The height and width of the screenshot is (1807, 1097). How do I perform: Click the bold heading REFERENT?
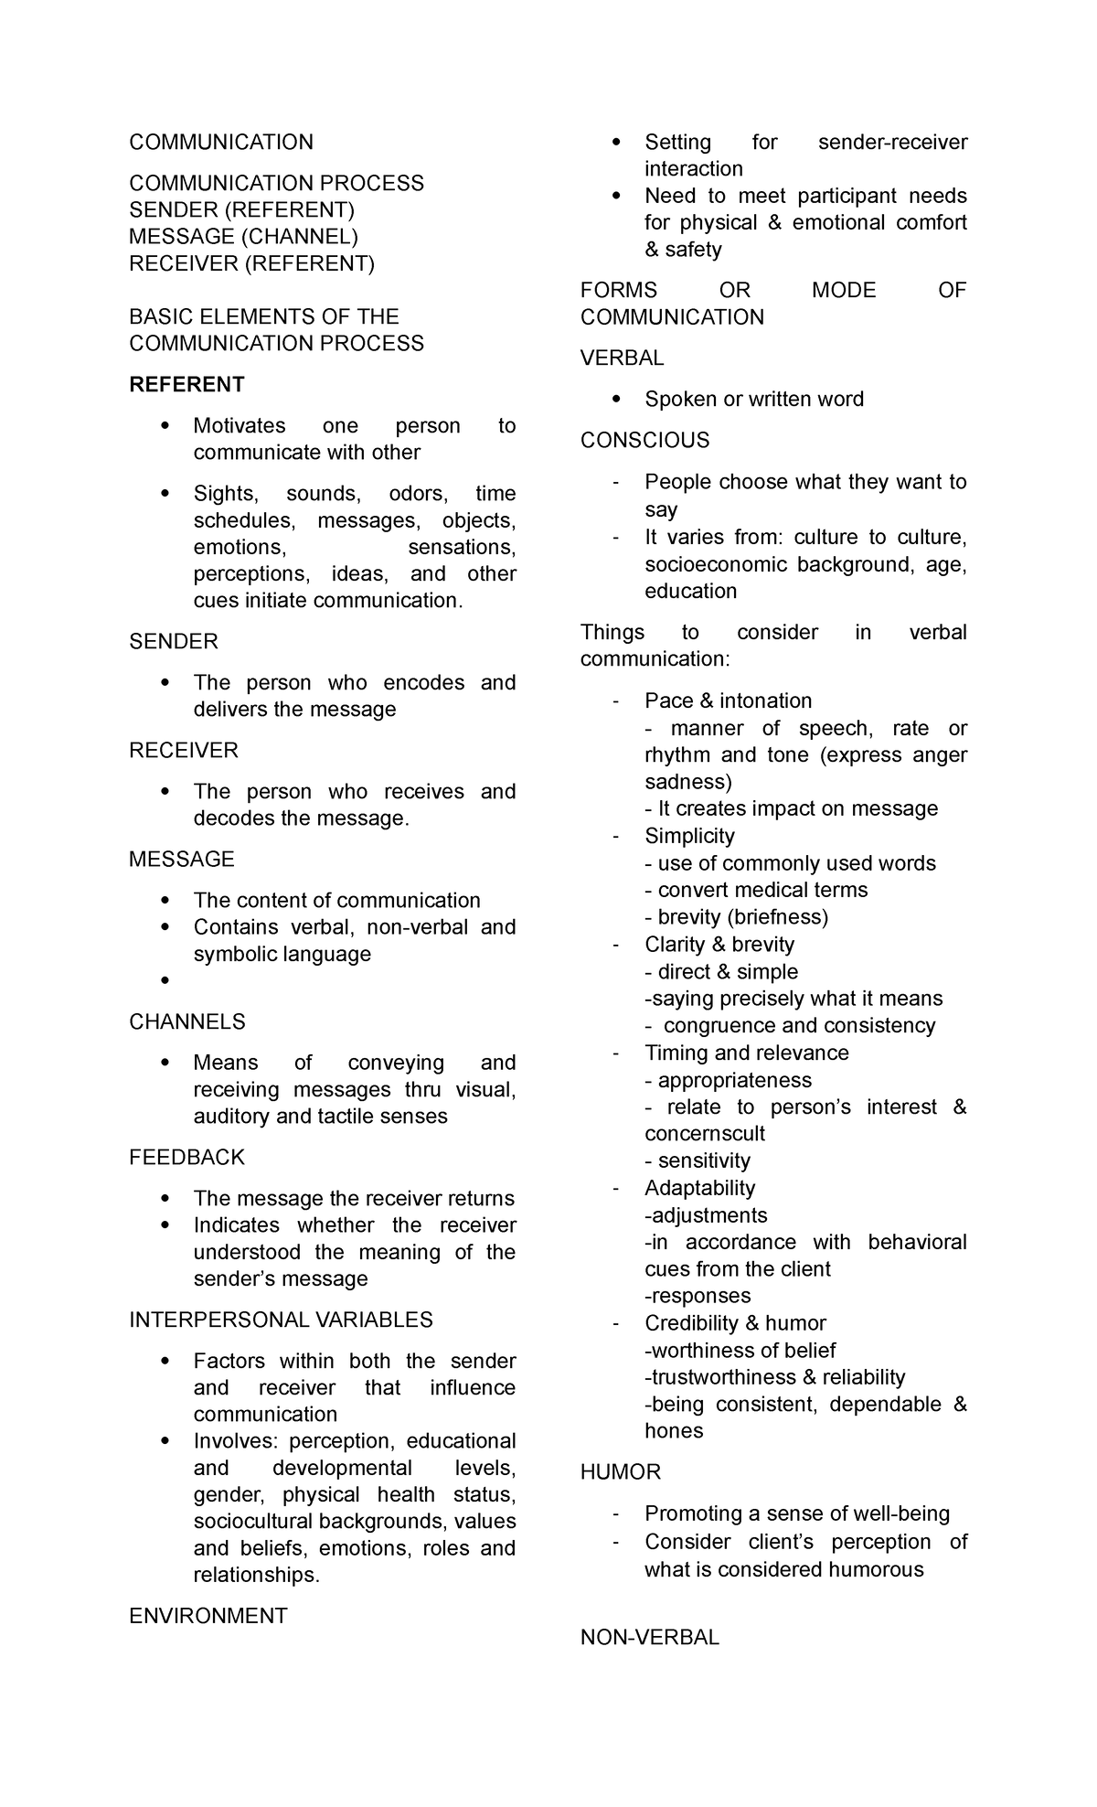click(186, 384)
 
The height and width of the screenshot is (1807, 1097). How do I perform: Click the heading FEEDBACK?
click(186, 1157)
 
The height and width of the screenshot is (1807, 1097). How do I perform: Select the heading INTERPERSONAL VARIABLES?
click(281, 1320)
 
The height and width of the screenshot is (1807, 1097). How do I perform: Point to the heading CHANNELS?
click(187, 1021)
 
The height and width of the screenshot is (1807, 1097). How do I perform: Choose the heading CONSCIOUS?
click(645, 440)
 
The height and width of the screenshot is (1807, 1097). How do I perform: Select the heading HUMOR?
click(621, 1471)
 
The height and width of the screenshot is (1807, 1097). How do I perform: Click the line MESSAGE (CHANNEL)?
click(243, 236)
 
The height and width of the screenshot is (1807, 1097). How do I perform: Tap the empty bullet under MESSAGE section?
click(165, 981)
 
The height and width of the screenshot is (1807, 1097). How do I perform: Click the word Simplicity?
click(689, 836)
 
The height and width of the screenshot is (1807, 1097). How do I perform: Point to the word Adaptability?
click(699, 1188)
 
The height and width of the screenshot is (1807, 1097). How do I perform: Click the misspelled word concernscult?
click(705, 1133)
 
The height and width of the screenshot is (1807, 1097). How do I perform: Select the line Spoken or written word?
click(754, 399)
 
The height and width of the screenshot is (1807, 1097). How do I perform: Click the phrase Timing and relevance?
click(746, 1053)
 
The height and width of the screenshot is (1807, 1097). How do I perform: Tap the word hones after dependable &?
click(674, 1430)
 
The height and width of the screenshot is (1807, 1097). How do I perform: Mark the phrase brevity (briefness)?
click(742, 916)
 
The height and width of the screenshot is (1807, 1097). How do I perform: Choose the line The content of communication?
click(336, 900)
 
